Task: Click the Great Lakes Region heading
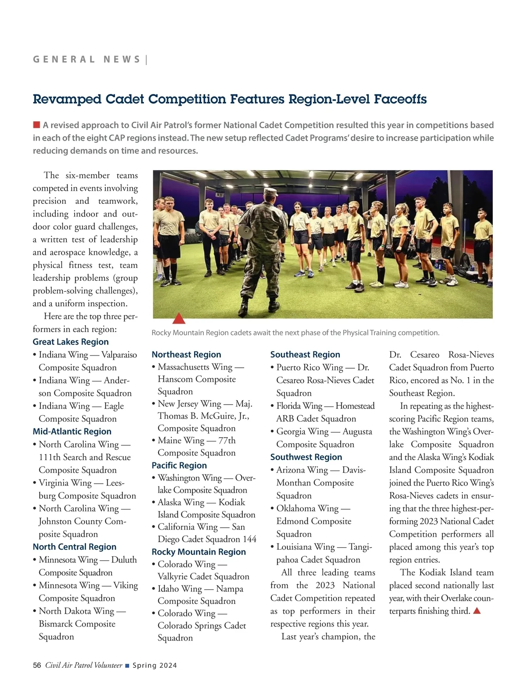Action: tap(71, 342)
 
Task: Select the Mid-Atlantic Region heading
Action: tap(72, 431)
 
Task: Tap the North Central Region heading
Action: tap(75, 547)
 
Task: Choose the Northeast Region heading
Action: tap(186, 355)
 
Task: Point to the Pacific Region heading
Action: tap(179, 465)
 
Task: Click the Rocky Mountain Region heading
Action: tap(199, 552)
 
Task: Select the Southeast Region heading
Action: tap(305, 355)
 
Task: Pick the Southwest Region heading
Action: tap(306, 457)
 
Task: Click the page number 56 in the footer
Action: tap(37, 665)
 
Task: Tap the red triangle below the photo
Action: tap(179, 319)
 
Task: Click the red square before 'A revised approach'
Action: tap(37, 125)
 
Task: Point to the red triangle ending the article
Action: tap(477, 611)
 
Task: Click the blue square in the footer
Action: tap(127, 666)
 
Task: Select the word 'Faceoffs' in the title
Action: tap(400, 99)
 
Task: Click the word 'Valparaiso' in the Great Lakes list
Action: tap(119, 355)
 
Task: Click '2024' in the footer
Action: tap(168, 665)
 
